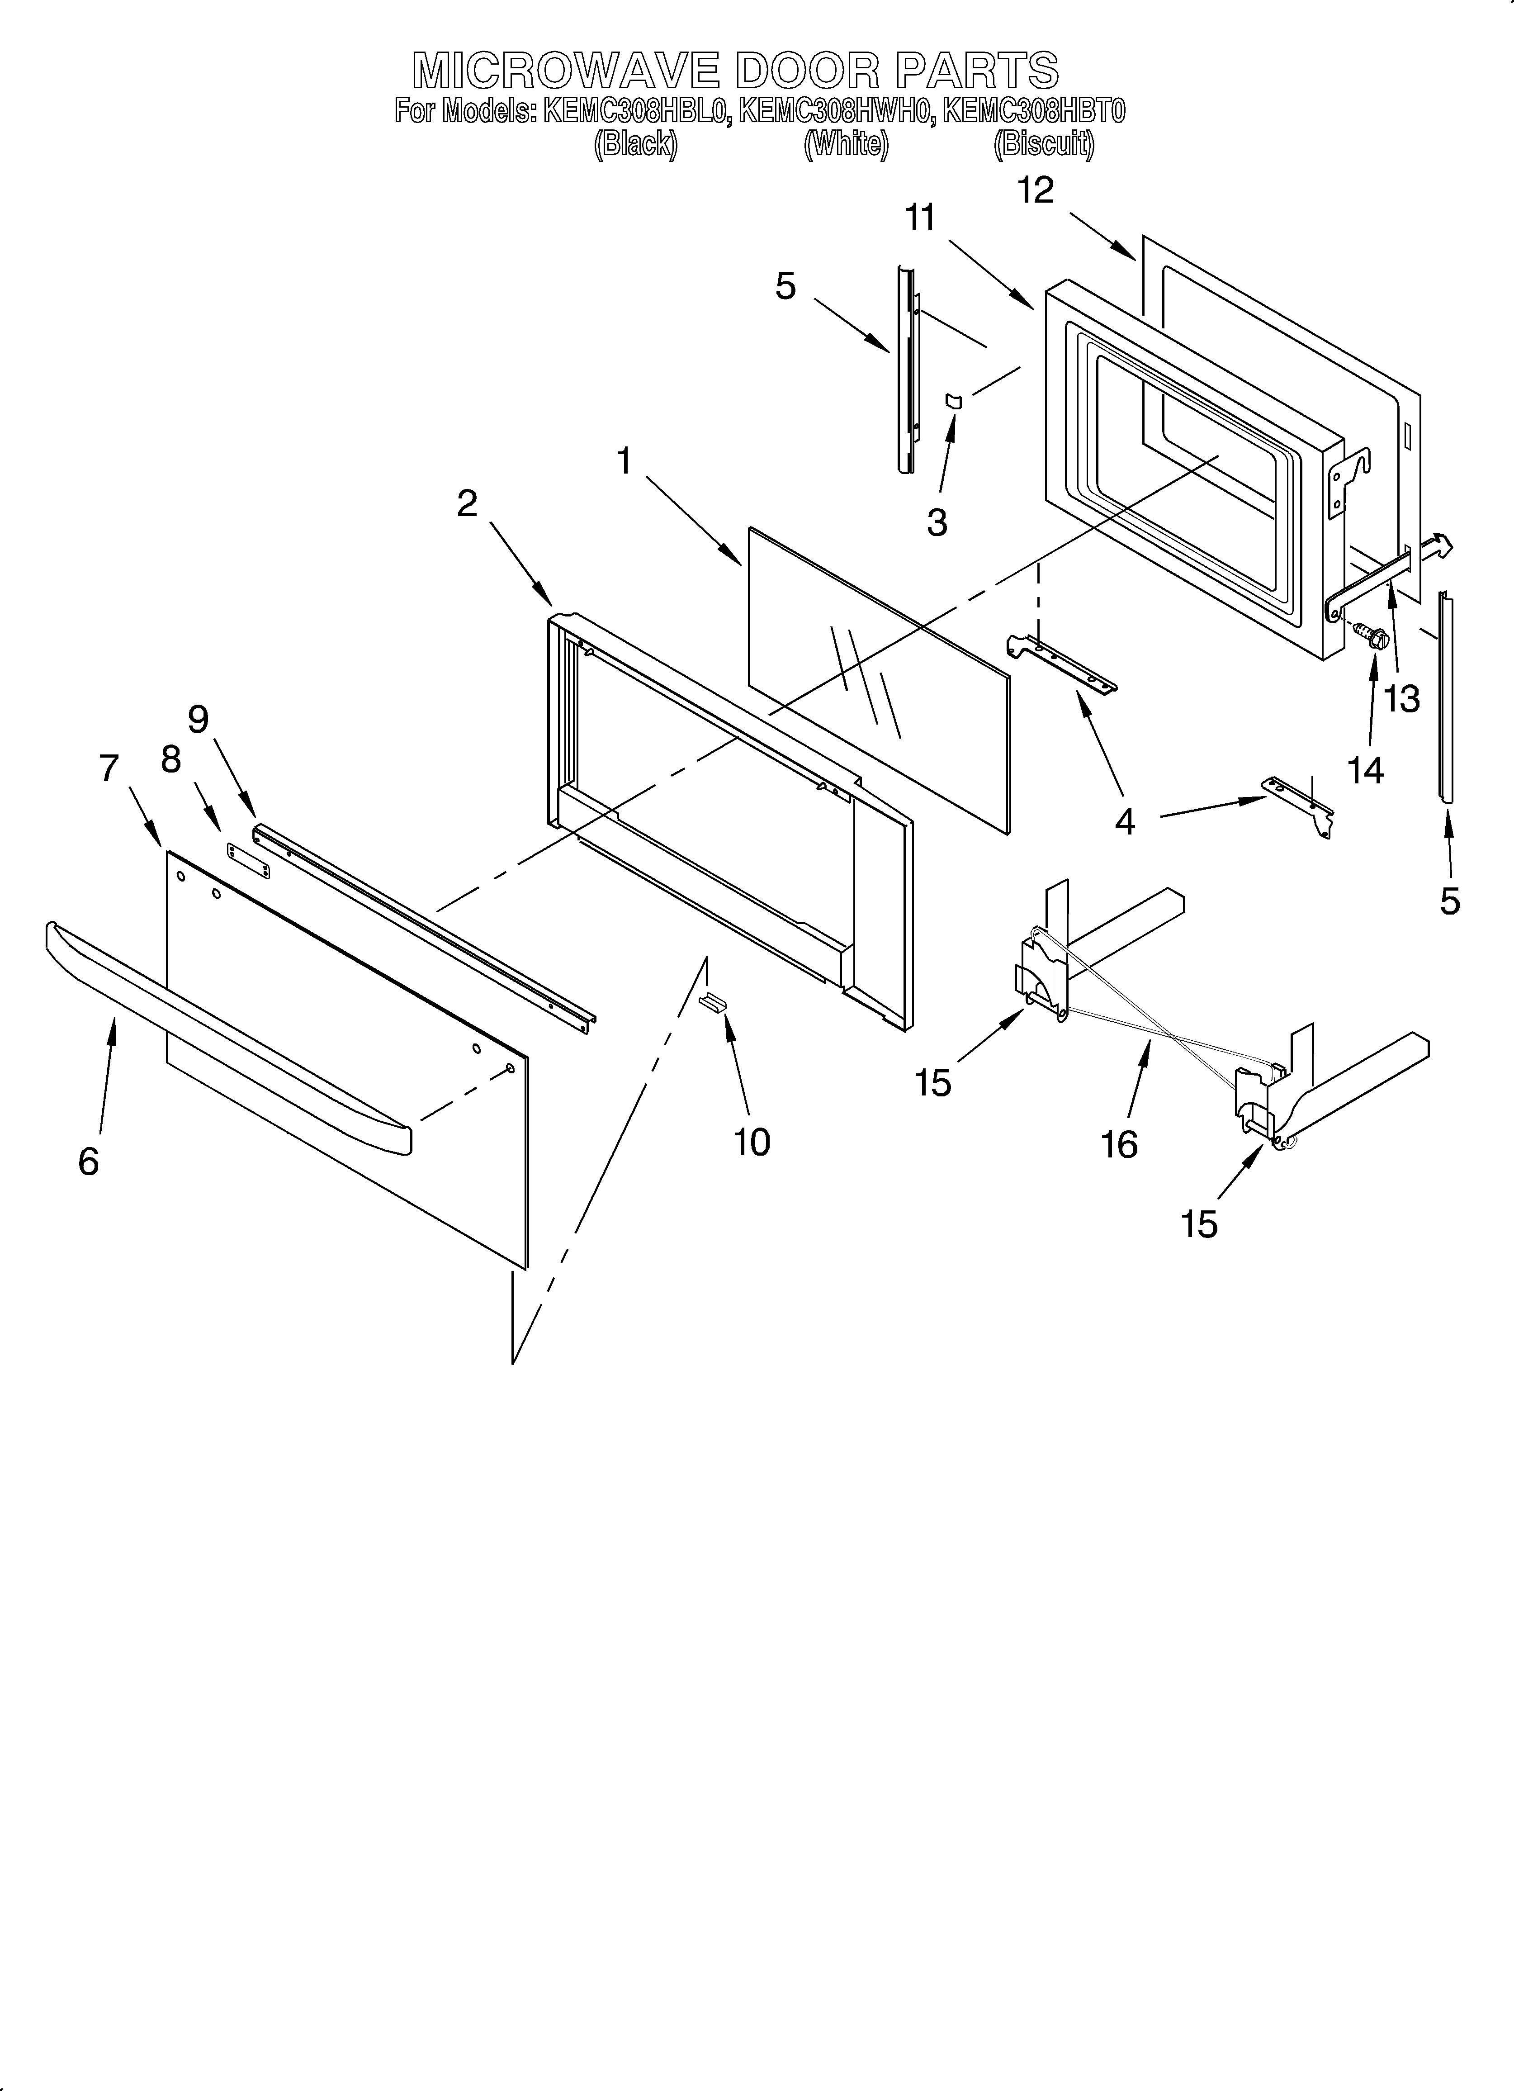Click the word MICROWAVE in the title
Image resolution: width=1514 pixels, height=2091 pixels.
tap(565, 70)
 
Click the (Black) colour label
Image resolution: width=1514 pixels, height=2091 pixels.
tap(635, 145)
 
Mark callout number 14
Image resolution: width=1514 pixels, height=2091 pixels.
tap(1366, 769)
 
